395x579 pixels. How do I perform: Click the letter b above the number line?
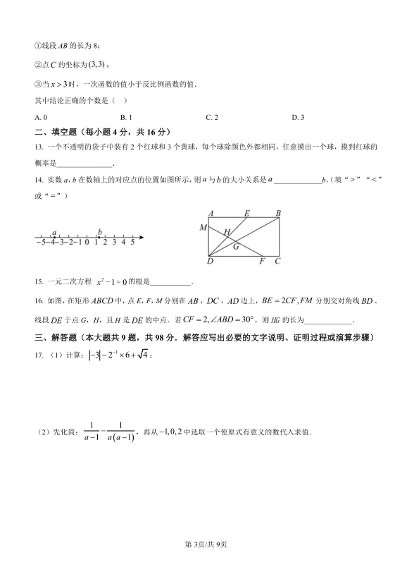[100, 231]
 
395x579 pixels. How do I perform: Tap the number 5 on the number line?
[132, 242]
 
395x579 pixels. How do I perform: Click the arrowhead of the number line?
[142, 236]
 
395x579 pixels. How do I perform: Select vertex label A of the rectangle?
[211, 213]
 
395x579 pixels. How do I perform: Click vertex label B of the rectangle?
[278, 213]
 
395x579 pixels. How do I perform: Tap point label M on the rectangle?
[203, 227]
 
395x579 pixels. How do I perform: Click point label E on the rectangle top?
[246, 213]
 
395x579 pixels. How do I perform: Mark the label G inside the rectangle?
[236, 246]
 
